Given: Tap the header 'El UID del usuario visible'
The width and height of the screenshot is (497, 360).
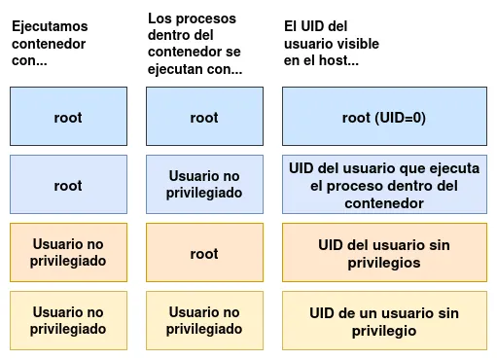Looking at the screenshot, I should [332, 44].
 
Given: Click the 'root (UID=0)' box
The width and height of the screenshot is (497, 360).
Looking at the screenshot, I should [385, 118].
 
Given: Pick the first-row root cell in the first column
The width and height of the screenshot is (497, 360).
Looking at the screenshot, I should [68, 118].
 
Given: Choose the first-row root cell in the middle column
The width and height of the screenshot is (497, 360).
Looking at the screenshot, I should [204, 118].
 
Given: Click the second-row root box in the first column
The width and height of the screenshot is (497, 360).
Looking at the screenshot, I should [68, 185].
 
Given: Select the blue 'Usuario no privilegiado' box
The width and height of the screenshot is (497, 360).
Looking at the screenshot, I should [204, 185].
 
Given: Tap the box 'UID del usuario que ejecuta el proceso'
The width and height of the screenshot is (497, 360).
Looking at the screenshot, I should [385, 185].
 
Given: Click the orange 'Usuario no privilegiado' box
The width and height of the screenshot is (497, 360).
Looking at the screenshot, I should [68, 253].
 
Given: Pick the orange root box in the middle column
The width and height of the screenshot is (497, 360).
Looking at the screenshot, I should [204, 253].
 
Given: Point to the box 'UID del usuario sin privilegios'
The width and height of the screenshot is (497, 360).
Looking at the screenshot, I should [385, 253].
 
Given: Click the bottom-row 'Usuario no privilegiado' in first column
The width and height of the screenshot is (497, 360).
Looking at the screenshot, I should [68, 321].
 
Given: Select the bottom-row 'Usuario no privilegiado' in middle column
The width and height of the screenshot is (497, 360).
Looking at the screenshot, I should [204, 321].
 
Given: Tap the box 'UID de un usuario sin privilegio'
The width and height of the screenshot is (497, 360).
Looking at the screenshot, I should [385, 321].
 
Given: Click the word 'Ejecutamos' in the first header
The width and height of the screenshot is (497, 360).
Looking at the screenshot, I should [49, 26].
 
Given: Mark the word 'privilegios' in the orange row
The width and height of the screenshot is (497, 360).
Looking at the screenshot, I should [385, 263].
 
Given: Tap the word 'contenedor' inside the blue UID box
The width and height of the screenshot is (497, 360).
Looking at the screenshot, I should [384, 203].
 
